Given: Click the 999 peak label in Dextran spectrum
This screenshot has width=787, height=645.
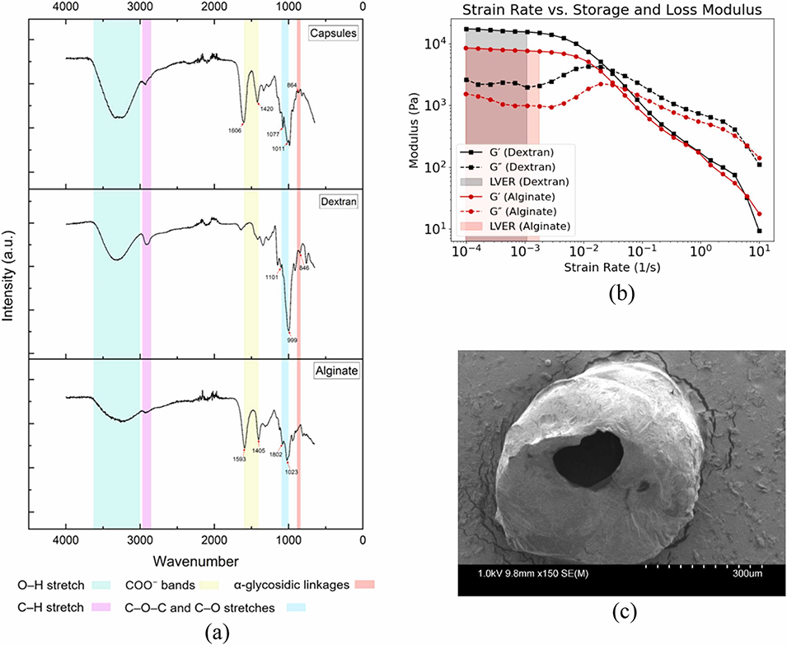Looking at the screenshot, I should click(293, 339).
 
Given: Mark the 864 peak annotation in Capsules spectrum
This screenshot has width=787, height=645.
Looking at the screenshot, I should click(292, 86).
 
